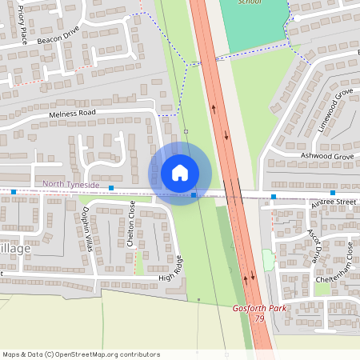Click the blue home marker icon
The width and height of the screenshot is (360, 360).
[180, 173]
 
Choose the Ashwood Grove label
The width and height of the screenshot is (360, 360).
[326, 156]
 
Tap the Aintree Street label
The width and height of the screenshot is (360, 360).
[335, 202]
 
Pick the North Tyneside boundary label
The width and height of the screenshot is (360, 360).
[71, 185]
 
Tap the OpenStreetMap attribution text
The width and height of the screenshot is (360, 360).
[82, 354]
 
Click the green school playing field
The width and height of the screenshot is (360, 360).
[253, 28]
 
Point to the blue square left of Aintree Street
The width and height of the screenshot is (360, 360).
[274, 196]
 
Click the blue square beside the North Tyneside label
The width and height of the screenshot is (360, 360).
[111, 188]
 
